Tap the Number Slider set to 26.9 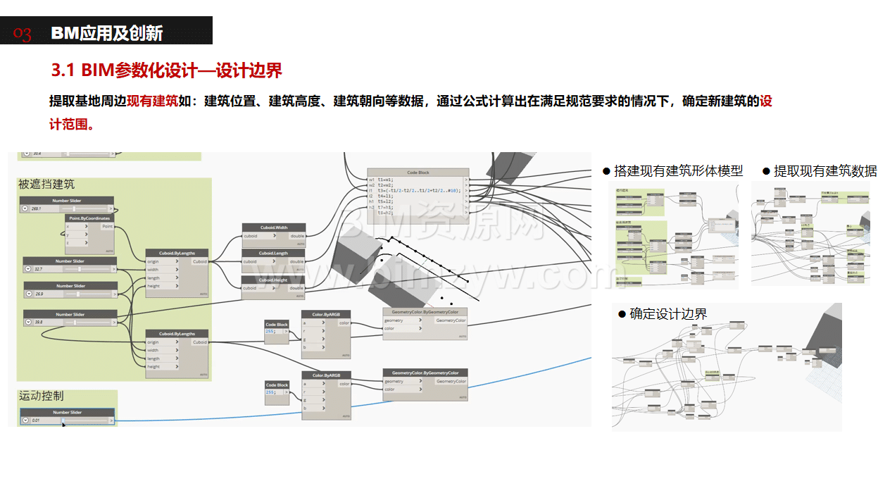coord(69,294)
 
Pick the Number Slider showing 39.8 coord(69,322)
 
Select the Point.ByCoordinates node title coord(89,218)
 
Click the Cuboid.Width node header coord(273,227)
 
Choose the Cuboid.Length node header coord(273,253)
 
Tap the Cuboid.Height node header coord(273,280)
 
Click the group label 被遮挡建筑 coord(46,185)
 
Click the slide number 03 coord(23,33)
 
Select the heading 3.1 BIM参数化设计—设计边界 coord(167,70)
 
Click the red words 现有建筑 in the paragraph coord(152,101)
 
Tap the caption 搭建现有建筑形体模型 coord(678,171)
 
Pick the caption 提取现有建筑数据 coord(825,171)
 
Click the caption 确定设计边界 coord(668,314)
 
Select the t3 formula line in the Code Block coord(418,190)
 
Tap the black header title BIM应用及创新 coord(107,33)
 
